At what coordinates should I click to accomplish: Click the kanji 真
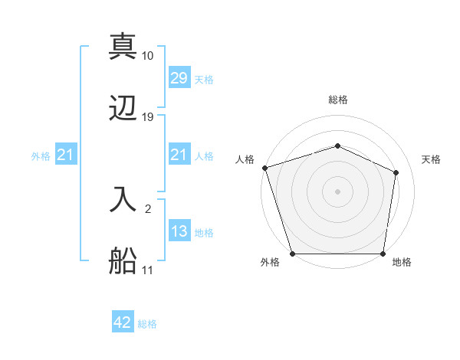pyautogui.click(x=123, y=46)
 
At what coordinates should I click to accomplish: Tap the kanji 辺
pyautogui.click(x=123, y=109)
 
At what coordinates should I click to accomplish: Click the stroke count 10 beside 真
pyautogui.click(x=148, y=56)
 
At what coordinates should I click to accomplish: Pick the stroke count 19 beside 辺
pyautogui.click(x=148, y=117)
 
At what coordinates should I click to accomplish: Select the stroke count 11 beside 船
pyautogui.click(x=147, y=270)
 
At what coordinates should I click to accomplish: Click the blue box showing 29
pyautogui.click(x=179, y=78)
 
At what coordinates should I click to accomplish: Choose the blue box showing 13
pyautogui.click(x=179, y=231)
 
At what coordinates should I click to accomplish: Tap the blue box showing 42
pyautogui.click(x=123, y=322)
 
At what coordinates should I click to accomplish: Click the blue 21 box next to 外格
pyautogui.click(x=66, y=155)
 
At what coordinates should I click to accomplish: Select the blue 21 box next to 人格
pyautogui.click(x=179, y=155)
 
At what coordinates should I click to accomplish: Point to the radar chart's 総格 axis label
pyautogui.click(x=338, y=100)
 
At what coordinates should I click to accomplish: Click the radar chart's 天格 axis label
pyautogui.click(x=432, y=159)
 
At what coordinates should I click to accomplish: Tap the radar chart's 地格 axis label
pyautogui.click(x=402, y=263)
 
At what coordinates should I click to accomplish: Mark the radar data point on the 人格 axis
pyautogui.click(x=264, y=168)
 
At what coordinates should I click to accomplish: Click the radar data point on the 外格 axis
pyautogui.click(x=292, y=254)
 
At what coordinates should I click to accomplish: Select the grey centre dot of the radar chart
pyautogui.click(x=337, y=191)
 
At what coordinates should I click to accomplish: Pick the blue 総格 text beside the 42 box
pyautogui.click(x=147, y=324)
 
